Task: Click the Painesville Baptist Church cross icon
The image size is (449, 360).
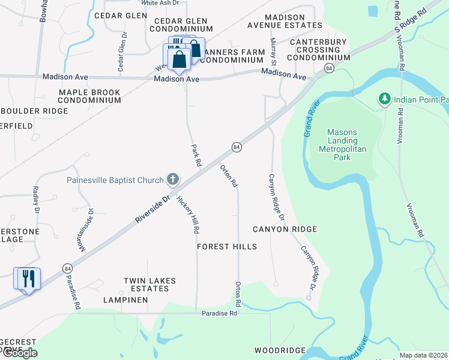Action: (x=173, y=179)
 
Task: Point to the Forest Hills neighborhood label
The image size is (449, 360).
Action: (x=227, y=247)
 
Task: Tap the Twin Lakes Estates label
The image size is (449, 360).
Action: (x=146, y=284)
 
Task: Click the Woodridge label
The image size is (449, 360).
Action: (x=280, y=350)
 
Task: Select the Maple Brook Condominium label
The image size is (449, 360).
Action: (x=89, y=97)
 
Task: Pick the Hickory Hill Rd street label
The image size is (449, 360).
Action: (x=187, y=215)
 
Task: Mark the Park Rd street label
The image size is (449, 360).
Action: (x=195, y=155)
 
